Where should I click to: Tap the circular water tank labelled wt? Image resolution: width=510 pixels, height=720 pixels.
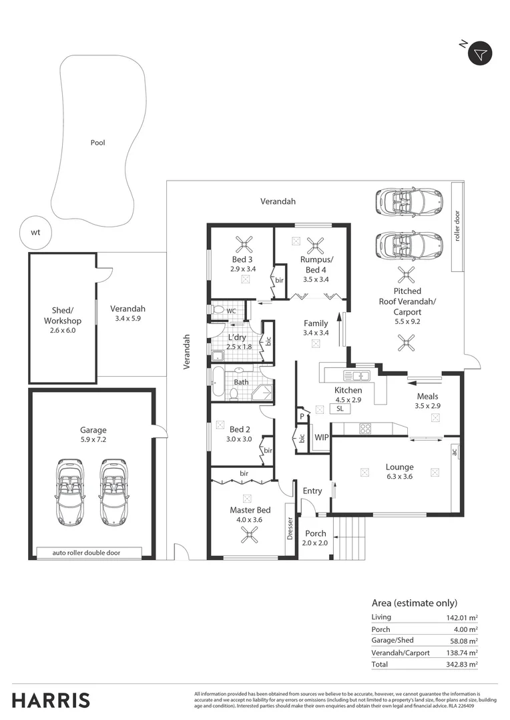click(x=35, y=233)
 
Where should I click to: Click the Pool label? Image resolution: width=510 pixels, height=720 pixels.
click(x=98, y=143)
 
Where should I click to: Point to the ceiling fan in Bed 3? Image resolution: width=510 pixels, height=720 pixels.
click(x=240, y=243)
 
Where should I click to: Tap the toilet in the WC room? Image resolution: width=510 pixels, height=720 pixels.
click(x=217, y=309)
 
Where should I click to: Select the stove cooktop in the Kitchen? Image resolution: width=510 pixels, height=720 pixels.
click(x=366, y=429)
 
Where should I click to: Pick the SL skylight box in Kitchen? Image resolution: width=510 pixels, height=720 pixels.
click(x=339, y=408)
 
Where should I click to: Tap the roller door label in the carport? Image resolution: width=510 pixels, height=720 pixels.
click(x=458, y=226)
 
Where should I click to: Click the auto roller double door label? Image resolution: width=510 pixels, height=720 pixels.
click(x=89, y=553)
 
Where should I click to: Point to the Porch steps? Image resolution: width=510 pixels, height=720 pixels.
click(x=351, y=538)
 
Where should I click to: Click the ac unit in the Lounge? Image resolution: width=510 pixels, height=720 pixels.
click(x=454, y=452)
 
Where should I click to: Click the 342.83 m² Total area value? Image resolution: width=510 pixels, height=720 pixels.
click(x=463, y=664)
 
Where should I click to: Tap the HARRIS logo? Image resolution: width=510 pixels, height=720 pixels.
click(x=51, y=700)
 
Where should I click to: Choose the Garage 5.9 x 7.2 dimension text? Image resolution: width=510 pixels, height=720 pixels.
click(x=93, y=440)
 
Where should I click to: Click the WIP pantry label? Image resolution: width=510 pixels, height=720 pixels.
click(x=320, y=438)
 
